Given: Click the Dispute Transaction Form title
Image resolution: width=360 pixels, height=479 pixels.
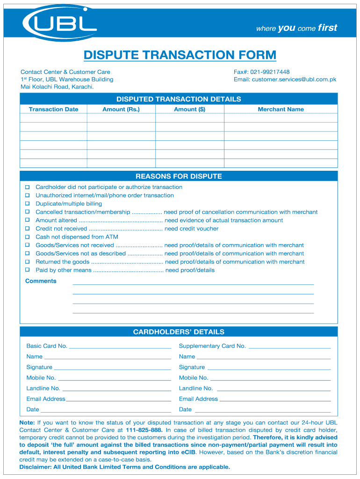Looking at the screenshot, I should pos(180,55).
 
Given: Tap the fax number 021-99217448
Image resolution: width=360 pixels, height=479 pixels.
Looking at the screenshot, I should pos(270,72).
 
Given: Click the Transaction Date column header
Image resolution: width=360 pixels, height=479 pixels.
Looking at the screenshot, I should pos(53,109).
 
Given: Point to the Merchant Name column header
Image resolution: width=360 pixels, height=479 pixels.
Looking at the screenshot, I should pos(281,109).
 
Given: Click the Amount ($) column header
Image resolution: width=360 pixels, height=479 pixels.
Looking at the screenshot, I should pos(189,109).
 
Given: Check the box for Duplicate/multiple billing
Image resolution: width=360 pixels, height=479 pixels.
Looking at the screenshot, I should pos(27,204).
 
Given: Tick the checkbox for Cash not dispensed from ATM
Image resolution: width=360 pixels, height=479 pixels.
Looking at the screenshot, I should pos(27,237).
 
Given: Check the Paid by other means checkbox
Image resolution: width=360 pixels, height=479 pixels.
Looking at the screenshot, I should pos(27,270).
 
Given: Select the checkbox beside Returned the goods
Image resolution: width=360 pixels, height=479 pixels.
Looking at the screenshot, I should pos(27,262).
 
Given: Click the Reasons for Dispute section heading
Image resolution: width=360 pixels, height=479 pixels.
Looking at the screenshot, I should pos(179,176).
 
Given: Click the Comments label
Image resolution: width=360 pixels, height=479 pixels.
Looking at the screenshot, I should pos(41,281).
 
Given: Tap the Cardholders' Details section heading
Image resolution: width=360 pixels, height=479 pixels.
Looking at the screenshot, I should pos(179,332).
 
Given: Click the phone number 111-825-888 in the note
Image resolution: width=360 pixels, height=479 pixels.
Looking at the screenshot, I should pos(144,430).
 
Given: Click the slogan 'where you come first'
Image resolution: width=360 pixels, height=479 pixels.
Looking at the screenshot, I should pos(296,28).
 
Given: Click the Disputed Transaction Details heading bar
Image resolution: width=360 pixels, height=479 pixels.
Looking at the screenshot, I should pos(179,99).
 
